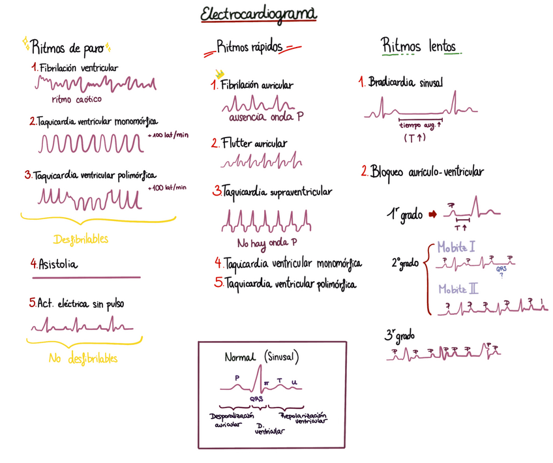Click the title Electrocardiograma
tap(258, 14)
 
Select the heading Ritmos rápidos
tap(250, 47)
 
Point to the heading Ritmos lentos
tap(419, 46)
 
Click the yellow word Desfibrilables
tap(81, 239)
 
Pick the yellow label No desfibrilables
tap(83, 359)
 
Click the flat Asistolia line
tap(85, 277)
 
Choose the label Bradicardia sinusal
tap(405, 83)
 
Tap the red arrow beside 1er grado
tap(432, 214)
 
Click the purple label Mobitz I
tap(456, 246)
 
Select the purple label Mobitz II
tap(458, 288)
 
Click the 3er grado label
tap(399, 336)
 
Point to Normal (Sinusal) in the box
tap(261, 357)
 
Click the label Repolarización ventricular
tap(303, 418)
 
